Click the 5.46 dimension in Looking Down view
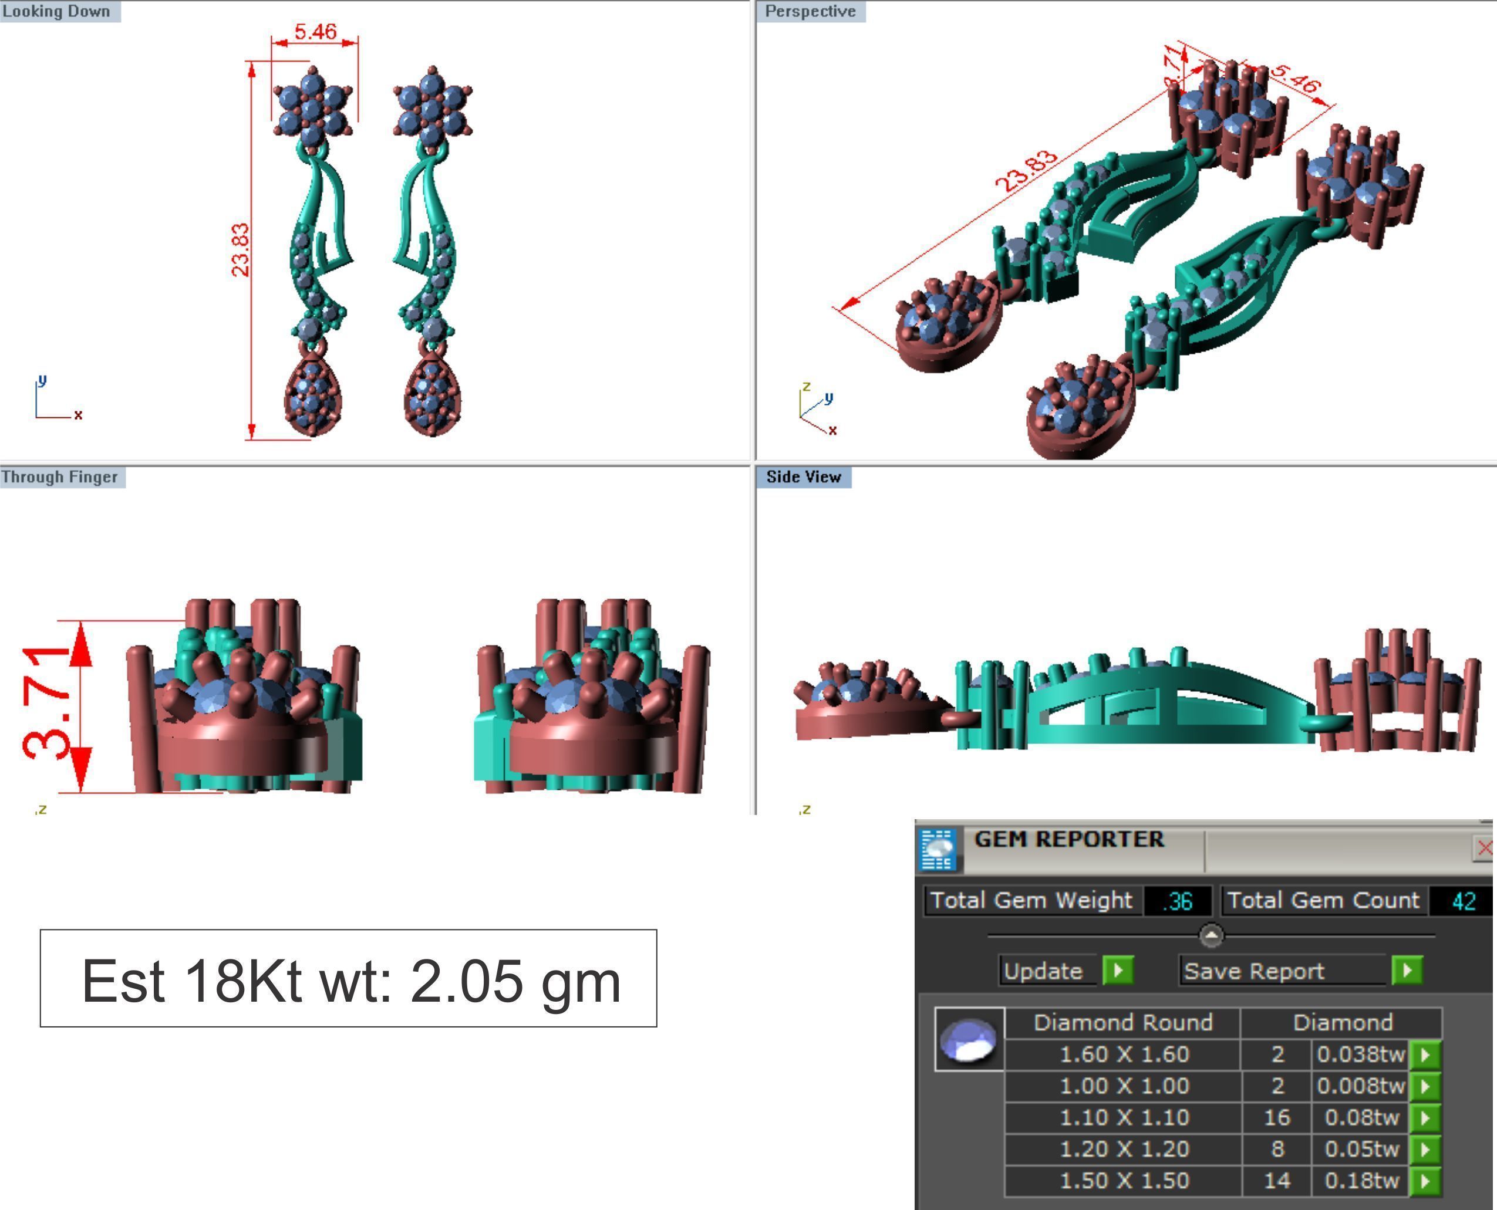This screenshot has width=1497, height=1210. click(315, 31)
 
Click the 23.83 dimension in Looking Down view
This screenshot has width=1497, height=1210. click(239, 249)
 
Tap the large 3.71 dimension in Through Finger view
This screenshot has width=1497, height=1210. click(48, 702)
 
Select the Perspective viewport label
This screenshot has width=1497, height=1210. click(810, 11)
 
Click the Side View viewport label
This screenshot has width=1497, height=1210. click(803, 476)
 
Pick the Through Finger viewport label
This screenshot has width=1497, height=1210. click(60, 476)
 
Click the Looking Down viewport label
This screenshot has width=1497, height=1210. click(56, 11)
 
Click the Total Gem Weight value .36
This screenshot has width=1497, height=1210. click(1177, 901)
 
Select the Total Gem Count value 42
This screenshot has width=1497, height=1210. click(1463, 901)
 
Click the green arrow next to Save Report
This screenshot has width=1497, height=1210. click(1407, 970)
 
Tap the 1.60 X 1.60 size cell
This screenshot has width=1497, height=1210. click(1124, 1054)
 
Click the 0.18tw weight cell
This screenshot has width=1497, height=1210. click(1361, 1180)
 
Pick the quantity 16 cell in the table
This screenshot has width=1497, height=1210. click(1277, 1117)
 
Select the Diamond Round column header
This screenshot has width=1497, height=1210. click(1122, 1022)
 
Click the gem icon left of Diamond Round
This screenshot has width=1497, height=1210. click(969, 1039)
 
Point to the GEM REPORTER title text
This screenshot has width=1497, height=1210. click(1069, 839)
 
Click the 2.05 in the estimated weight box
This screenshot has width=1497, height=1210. click(466, 981)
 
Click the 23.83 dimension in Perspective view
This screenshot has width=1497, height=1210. click(1026, 171)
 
